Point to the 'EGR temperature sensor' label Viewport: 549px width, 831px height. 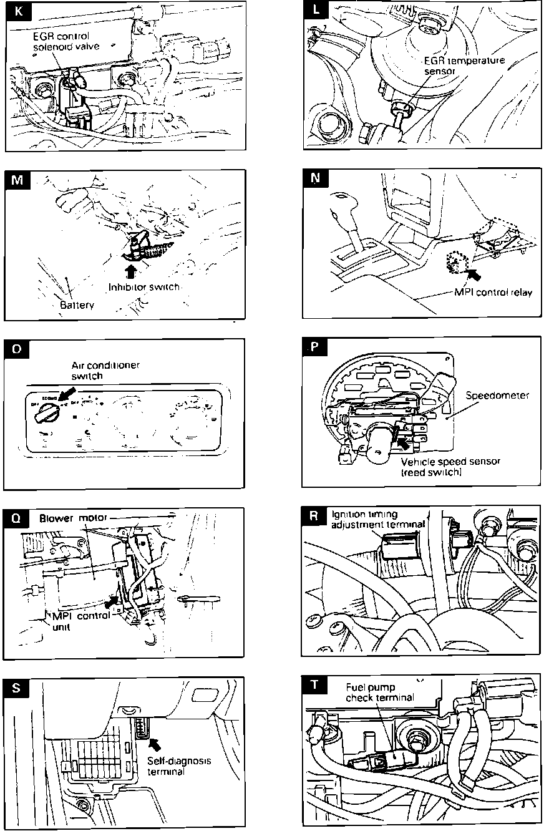465,66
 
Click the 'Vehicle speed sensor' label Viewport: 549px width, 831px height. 451,467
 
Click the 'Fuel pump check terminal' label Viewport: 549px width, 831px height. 379,692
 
